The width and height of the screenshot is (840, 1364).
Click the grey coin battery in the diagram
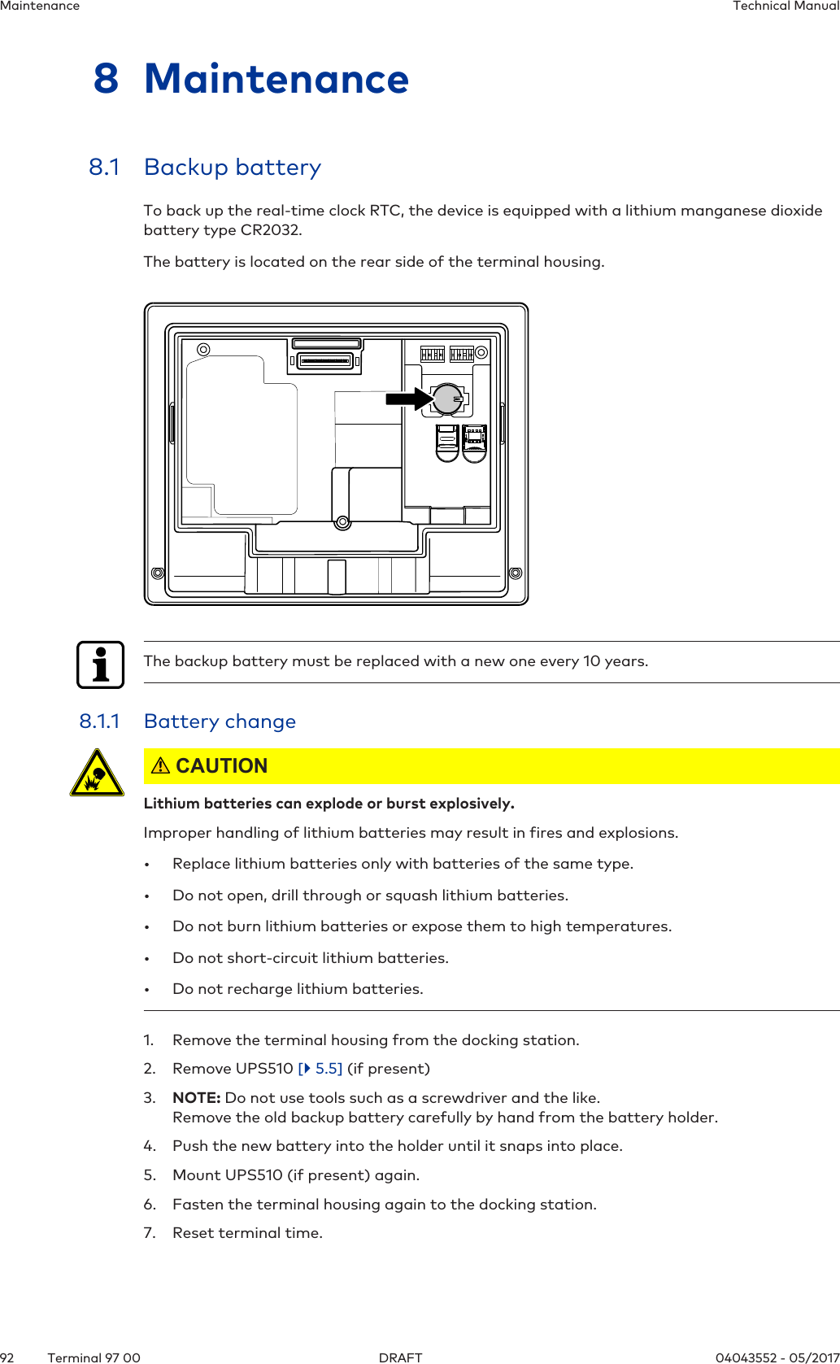(x=447, y=399)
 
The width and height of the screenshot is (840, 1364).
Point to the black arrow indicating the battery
(x=410, y=399)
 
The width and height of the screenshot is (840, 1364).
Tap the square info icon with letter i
(x=101, y=665)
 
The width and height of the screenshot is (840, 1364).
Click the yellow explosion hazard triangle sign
(x=97, y=773)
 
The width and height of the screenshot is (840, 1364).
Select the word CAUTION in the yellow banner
(x=221, y=766)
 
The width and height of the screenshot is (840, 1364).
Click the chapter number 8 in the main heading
(x=106, y=79)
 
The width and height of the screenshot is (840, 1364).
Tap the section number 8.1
(x=104, y=168)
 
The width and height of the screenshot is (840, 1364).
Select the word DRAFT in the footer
(x=400, y=1357)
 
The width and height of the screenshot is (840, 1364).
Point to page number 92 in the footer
(x=7, y=1357)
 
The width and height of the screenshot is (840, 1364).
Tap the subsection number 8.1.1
(x=99, y=721)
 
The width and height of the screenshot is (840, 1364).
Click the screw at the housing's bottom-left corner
(x=158, y=573)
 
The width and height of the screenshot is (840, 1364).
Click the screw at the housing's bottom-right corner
(x=515, y=573)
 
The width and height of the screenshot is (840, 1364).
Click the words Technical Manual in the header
(x=786, y=7)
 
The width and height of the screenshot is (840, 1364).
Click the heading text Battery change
(x=220, y=721)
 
